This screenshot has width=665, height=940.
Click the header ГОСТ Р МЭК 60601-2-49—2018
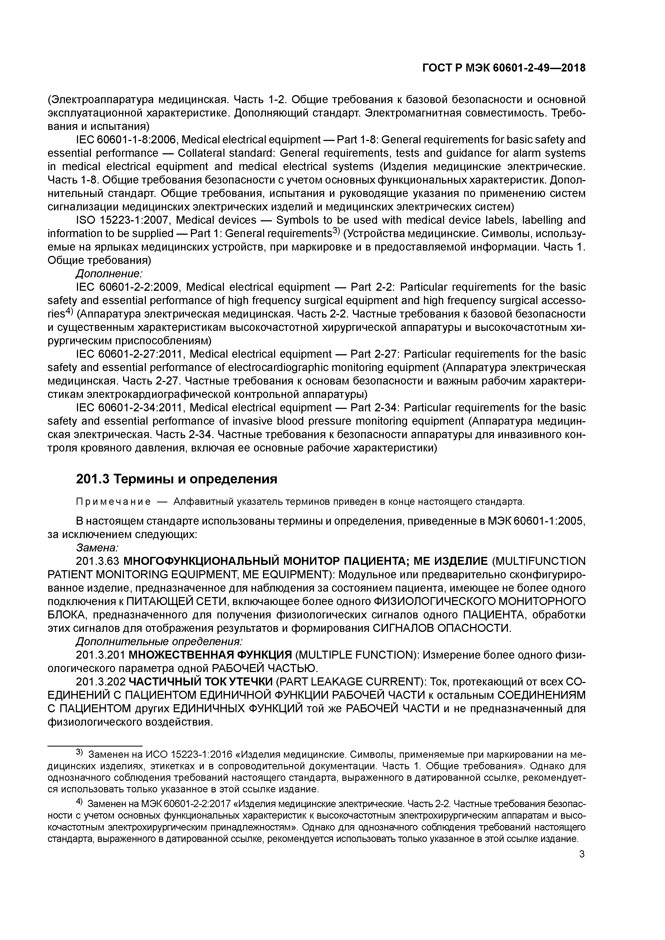pos(504,68)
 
